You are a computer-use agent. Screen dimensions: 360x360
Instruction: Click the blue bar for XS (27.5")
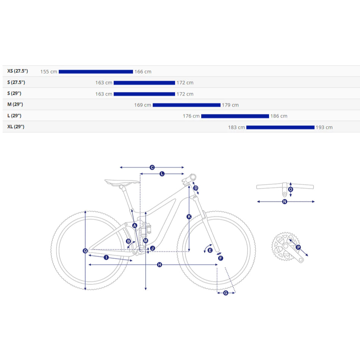(95, 72)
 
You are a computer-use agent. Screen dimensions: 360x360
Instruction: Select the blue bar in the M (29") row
(186, 105)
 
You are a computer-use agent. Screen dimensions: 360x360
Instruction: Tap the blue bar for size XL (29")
(280, 127)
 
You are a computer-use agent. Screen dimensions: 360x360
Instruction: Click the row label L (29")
(14, 116)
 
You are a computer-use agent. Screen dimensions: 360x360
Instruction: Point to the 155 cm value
(49, 72)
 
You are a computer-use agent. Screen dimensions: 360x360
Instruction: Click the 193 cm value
(324, 127)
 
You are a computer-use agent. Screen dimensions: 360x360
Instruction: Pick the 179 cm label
(230, 105)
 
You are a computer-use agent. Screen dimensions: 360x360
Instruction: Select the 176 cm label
(191, 116)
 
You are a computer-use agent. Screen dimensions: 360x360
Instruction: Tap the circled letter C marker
(152, 167)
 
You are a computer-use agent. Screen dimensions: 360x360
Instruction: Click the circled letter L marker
(162, 174)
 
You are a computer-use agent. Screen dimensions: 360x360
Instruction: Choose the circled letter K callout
(189, 216)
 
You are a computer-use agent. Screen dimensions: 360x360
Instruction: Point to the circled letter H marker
(159, 265)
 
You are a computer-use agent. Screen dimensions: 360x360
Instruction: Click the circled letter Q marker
(85, 250)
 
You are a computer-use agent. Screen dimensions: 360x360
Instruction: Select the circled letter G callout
(226, 293)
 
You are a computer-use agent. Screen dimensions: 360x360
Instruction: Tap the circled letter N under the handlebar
(285, 202)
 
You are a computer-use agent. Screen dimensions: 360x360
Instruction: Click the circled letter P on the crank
(298, 247)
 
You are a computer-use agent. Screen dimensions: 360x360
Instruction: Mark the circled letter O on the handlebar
(291, 189)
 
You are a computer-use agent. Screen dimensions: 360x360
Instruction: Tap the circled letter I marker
(106, 257)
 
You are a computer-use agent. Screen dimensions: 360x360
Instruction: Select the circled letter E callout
(210, 250)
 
